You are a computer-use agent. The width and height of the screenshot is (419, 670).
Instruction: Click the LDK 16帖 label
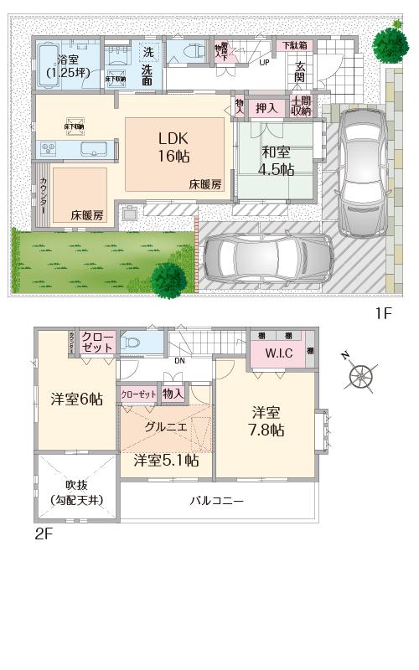coord(174,146)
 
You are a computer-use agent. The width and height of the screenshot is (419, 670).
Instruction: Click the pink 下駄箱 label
coord(293,44)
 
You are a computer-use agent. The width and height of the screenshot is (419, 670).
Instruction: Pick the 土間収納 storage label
coord(301,106)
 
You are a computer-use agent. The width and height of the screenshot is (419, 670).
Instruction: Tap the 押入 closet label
coord(266,107)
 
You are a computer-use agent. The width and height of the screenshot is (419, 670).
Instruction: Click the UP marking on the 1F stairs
coord(264,63)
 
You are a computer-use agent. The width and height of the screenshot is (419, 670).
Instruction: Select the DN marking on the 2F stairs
coord(179,362)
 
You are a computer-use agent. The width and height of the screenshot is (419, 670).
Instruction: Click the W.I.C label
coord(279,353)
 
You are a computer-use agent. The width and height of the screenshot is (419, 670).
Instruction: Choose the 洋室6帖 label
coord(75,399)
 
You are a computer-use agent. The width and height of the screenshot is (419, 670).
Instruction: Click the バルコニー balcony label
coord(215,501)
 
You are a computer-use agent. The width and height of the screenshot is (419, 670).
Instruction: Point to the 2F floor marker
coord(44,533)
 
